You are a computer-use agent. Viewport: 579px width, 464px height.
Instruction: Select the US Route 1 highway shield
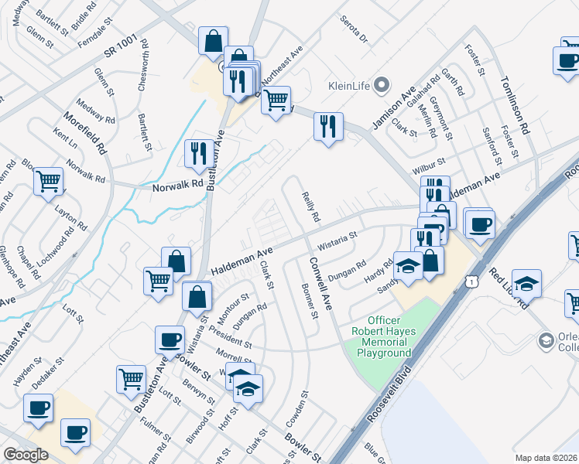(471, 283)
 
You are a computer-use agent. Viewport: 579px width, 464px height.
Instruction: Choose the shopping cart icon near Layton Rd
(49, 181)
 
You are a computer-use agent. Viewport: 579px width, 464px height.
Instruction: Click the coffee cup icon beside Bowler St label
(170, 339)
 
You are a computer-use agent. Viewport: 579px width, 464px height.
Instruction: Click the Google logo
(26, 455)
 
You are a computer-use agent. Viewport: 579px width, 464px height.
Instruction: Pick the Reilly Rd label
(310, 207)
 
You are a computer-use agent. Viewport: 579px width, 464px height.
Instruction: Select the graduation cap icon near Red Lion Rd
(526, 284)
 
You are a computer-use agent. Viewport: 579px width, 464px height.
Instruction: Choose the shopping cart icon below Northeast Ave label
(276, 99)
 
